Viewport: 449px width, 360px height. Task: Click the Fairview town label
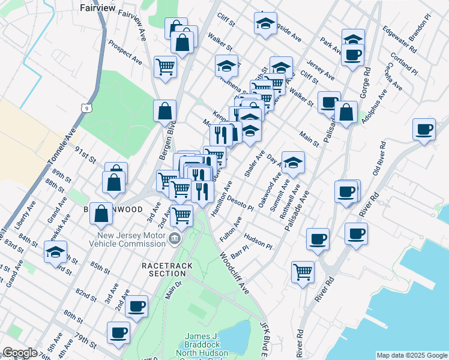(97, 8)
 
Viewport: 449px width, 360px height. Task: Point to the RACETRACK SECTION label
(164, 269)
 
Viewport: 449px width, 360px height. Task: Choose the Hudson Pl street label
(258, 241)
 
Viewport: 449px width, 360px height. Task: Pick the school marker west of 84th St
(56, 251)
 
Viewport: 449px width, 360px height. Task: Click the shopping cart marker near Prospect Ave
(165, 67)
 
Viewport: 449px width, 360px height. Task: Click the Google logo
(19, 353)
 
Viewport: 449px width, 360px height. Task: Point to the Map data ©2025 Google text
(411, 355)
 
